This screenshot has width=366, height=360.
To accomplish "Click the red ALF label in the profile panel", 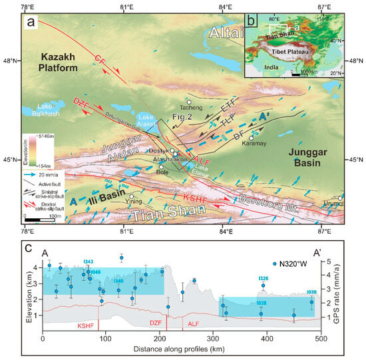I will click(x=193, y=323).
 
